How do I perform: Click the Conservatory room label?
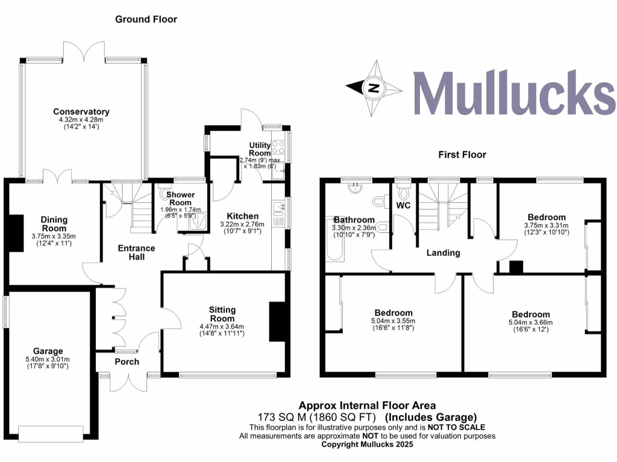tap(81, 112)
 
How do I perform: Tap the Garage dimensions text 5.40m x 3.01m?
tap(48, 360)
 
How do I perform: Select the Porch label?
tap(127, 362)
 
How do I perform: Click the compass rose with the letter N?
tap(374, 88)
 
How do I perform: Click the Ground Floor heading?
tap(146, 19)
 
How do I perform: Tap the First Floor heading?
tap(462, 155)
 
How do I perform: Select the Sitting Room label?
tap(222, 314)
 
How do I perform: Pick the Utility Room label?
tap(262, 149)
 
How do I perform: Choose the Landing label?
tap(443, 253)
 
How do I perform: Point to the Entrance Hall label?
tap(136, 252)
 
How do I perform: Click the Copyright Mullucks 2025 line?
tap(367, 445)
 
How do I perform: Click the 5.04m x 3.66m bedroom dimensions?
tap(531, 322)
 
